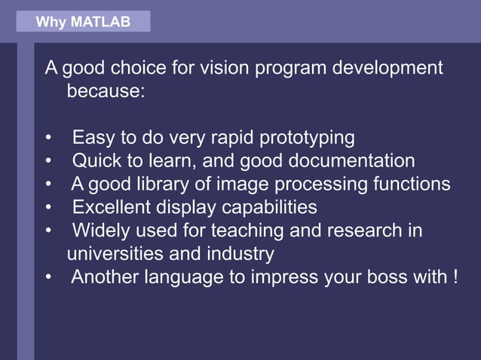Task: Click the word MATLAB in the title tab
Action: click(100, 23)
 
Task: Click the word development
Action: click(388, 69)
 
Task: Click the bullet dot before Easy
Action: click(49, 139)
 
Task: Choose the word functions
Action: click(416, 184)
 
